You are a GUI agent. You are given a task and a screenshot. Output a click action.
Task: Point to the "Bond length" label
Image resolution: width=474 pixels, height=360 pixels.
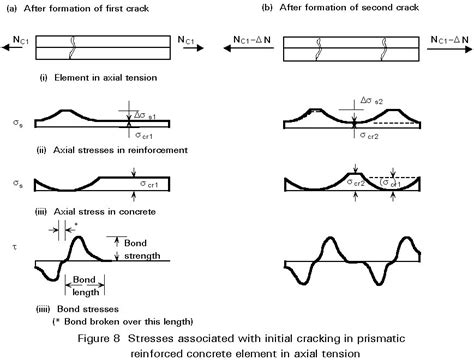88,283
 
